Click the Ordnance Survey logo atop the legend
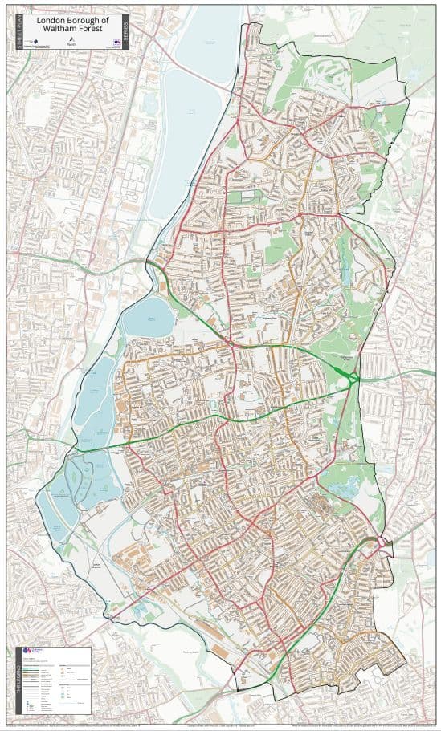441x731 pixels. coord(38,652)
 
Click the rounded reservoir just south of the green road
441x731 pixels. coord(148,319)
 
